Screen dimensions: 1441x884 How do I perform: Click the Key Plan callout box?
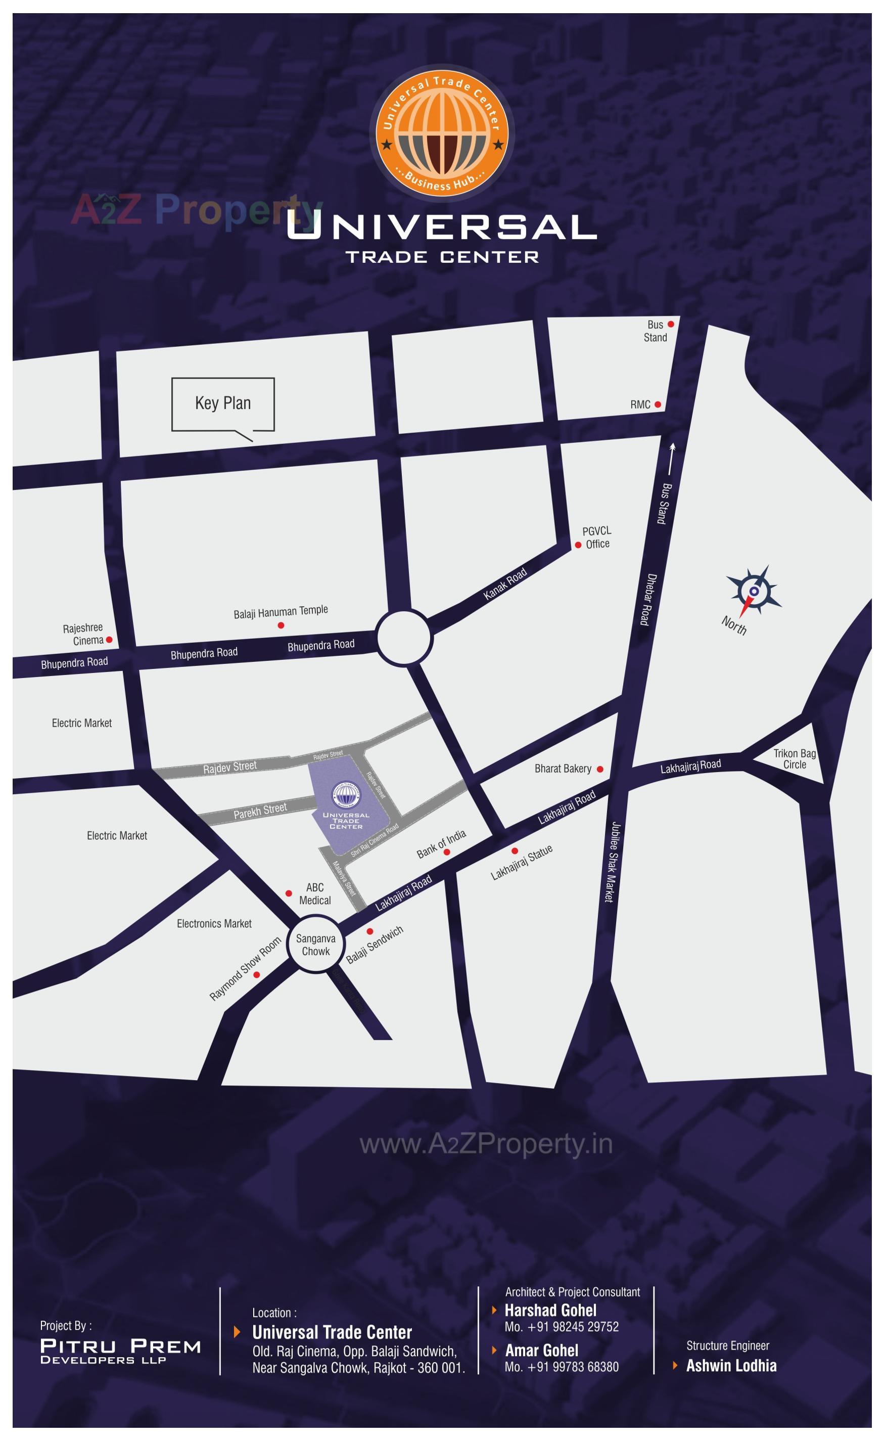223,403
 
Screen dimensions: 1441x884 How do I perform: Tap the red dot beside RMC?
658,404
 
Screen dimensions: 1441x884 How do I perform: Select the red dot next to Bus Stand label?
671,324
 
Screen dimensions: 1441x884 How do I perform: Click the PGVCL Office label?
597,537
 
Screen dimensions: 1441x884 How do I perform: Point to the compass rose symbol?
754,591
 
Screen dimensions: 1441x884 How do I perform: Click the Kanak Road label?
505,584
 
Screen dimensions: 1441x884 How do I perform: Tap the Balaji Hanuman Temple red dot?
281,625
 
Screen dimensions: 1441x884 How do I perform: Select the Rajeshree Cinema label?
83,634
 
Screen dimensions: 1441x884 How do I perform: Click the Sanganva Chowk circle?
316,944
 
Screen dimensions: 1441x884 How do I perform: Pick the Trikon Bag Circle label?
795,759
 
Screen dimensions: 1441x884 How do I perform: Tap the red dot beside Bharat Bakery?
600,770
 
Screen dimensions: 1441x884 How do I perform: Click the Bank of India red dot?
447,852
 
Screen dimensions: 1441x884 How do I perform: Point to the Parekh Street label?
260,811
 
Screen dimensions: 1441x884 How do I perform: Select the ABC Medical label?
315,893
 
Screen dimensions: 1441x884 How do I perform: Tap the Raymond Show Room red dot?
256,975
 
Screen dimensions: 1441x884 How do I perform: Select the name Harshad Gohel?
551,1310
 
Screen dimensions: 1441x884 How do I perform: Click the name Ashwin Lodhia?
731,1366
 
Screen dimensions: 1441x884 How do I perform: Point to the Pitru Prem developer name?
120,1346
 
